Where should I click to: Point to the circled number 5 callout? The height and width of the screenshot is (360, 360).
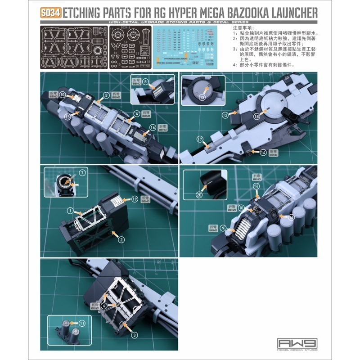tap(106, 95)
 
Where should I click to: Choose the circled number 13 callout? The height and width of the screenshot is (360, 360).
tap(202, 97)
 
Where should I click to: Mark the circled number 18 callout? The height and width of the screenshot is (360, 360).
tap(256, 116)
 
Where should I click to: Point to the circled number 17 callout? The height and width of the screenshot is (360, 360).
tap(200, 140)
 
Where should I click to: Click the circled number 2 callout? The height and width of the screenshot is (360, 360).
tap(121, 240)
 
